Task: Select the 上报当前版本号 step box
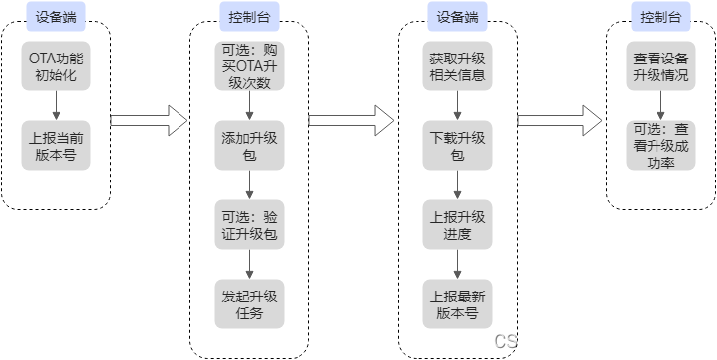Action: (x=57, y=144)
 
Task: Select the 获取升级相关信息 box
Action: (x=456, y=66)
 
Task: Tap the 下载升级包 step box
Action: (x=456, y=144)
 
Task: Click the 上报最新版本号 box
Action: (x=456, y=303)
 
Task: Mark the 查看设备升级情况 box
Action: (x=660, y=66)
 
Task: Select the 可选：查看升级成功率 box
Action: (x=660, y=144)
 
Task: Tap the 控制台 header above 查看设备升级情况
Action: (x=660, y=17)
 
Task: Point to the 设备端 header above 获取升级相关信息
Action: (x=456, y=17)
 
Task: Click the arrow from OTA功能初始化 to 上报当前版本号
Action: (x=57, y=105)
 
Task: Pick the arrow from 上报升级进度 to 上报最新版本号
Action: (x=456, y=263)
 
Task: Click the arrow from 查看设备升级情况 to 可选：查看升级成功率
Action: (x=660, y=105)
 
